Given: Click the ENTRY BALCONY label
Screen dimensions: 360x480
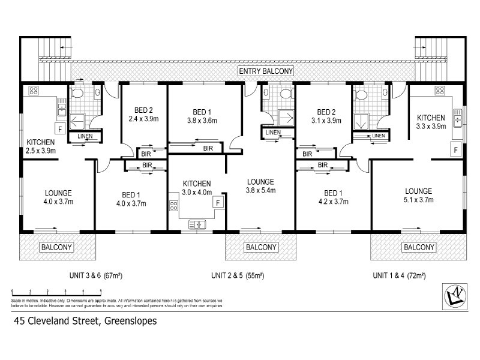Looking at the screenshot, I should pyautogui.click(x=265, y=71).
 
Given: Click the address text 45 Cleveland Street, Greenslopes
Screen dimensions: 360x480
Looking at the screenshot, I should pyautogui.click(x=85, y=321).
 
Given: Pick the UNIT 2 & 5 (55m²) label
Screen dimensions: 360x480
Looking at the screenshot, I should pyautogui.click(x=238, y=276).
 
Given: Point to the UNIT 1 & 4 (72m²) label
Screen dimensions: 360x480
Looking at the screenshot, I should pyautogui.click(x=399, y=276).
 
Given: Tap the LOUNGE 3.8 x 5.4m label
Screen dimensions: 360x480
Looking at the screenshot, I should pyautogui.click(x=260, y=186).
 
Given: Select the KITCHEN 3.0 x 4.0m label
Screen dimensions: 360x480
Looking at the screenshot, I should pyautogui.click(x=196, y=188).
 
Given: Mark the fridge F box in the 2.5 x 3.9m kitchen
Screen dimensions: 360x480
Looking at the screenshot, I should pyautogui.click(x=59, y=128).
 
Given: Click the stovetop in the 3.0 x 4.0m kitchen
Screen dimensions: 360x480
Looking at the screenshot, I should pyautogui.click(x=175, y=208).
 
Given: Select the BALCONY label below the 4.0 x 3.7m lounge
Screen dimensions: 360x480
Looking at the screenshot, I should pyautogui.click(x=57, y=247).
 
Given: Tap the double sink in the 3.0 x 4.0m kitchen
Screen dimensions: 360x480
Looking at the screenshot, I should pyautogui.click(x=197, y=224).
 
